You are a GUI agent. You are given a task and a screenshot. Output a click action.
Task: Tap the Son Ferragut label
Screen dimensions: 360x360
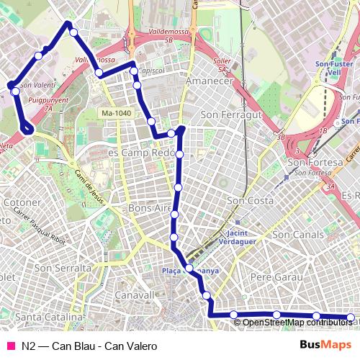pyautogui.click(x=229, y=114)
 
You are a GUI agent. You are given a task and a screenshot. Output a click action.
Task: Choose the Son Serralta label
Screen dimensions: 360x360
pyautogui.click(x=63, y=268)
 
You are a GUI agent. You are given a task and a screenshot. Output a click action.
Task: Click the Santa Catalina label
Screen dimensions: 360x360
pyautogui.click(x=49, y=316)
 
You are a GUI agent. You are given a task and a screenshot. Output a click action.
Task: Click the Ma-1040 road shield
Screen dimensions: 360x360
pyautogui.click(x=117, y=113)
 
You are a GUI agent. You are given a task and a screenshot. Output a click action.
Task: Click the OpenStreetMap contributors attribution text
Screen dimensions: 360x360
pyautogui.click(x=297, y=322)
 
